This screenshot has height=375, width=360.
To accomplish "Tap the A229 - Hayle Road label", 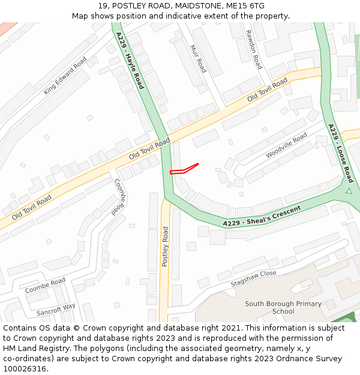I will point(130,60).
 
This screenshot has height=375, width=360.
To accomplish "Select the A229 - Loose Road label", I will point(340,153).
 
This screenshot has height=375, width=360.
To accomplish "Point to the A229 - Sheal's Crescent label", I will point(262,217).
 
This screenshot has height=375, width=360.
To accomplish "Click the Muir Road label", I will point(198,59).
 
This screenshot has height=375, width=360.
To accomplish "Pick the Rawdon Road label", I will point(254,49).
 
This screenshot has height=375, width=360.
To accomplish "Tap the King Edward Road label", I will point(65,76).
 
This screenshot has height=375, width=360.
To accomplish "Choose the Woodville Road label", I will point(286,145).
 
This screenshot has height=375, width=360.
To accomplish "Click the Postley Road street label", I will point(166,247).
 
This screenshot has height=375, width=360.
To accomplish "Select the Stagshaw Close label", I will point(254,277).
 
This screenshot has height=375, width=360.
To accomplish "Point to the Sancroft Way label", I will point(56,310).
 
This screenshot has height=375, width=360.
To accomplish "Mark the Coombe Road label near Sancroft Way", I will point(46,286).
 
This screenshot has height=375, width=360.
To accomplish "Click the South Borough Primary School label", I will point(283,308).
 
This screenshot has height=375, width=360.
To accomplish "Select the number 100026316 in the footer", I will point(25,369).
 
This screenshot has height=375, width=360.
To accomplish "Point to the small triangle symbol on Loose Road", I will point(348,191).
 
